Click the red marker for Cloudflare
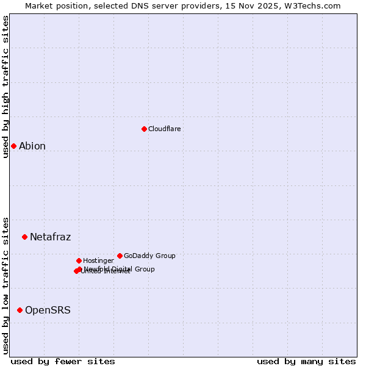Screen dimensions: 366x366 tap(144, 129)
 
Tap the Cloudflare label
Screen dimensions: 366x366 tap(164, 129)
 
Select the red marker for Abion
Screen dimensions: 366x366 tap(13, 146)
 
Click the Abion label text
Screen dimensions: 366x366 tap(32, 146)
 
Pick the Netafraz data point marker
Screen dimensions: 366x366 tap(24, 237)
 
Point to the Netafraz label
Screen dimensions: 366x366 tap(50, 237)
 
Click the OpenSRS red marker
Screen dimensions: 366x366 tap(20, 310)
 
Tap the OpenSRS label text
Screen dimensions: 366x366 tap(48, 310)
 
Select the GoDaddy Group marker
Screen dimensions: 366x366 tap(120, 256)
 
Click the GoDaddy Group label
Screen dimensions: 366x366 tap(149, 256)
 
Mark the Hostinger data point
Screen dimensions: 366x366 tap(79, 260)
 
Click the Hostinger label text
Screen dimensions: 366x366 tap(98, 260)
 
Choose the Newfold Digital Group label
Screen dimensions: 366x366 tap(120, 268)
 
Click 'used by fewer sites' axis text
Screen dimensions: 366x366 tap(63, 361)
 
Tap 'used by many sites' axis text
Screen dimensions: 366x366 tap(306, 361)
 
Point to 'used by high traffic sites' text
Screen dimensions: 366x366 tap(5, 87)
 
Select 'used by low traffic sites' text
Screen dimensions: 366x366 tap(5, 285)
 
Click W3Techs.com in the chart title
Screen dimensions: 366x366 tap(314, 5)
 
